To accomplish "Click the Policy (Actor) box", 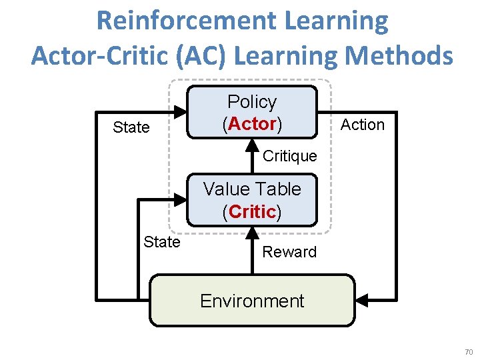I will pos(251,112).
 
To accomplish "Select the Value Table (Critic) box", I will pos(251,201).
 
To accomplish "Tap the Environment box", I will pos(251,301).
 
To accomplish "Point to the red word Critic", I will pos(252,212).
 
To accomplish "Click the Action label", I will pos(363,125).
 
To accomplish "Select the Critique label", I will pos(289,156).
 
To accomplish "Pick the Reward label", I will pos(289,252).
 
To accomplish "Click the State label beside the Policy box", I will pos(131,127).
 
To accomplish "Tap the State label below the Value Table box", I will pos(162,241).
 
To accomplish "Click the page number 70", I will pos(468,351).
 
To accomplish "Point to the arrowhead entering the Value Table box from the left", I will pos(181,198).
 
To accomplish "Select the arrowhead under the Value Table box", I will pos(252,233).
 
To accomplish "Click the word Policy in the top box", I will pos(252,102).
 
